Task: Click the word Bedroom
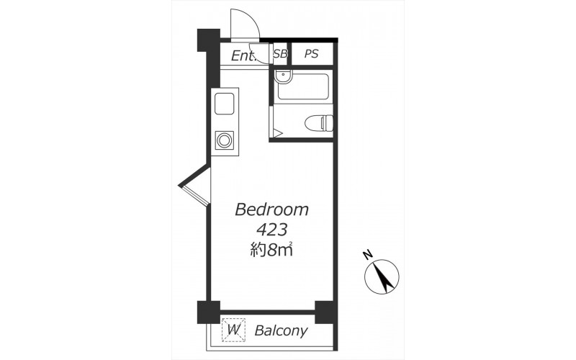coord(271,210)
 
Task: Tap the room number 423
coord(271,230)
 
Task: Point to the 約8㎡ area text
coord(271,250)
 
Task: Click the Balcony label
coord(281,331)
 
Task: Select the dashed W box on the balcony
coord(233,330)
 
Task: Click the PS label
coord(311,54)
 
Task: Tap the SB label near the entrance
coord(280,54)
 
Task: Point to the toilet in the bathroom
coord(319,122)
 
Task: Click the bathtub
coord(302,86)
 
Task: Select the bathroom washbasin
coord(284,77)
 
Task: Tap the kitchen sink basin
coord(224,104)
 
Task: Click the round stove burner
coord(224,140)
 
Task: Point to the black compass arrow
coord(383,277)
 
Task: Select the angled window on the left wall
coord(194,186)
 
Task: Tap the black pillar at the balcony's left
coord(208,312)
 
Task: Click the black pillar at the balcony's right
coord(326,312)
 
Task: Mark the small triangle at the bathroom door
coord(277,132)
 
